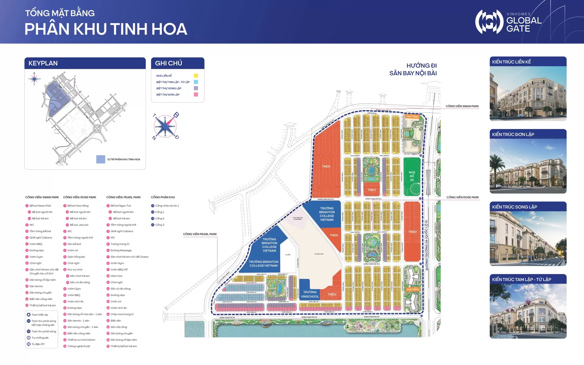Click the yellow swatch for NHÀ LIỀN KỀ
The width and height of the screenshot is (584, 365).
coord(196,75)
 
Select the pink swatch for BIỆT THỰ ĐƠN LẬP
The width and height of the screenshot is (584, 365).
coord(196,95)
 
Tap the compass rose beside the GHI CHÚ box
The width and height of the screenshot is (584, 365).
coord(165,126)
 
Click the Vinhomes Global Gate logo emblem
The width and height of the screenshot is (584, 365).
coord(489,22)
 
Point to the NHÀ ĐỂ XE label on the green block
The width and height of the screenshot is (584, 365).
coord(412,176)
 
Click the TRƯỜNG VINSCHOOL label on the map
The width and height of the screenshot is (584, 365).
coord(310,294)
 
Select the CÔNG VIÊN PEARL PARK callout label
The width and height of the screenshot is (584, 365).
coord(200,234)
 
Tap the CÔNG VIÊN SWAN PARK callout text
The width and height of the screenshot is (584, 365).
coord(462,106)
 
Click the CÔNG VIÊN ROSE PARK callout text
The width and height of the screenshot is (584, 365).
coord(462,197)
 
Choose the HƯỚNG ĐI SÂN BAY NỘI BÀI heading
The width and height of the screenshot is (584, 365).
coord(413,69)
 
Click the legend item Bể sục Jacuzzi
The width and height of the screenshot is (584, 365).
coord(79,225)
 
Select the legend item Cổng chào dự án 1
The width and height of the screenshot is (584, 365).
coord(167,206)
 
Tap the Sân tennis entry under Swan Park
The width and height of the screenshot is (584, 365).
coord(36,286)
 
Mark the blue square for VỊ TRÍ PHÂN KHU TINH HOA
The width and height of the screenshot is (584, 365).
coord(101,159)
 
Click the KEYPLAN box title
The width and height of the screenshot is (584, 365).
coord(43,63)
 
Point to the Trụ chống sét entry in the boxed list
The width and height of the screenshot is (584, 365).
coord(40,338)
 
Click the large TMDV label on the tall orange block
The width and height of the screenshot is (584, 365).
coord(326,166)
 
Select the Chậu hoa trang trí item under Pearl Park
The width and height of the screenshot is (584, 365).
coord(122,314)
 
